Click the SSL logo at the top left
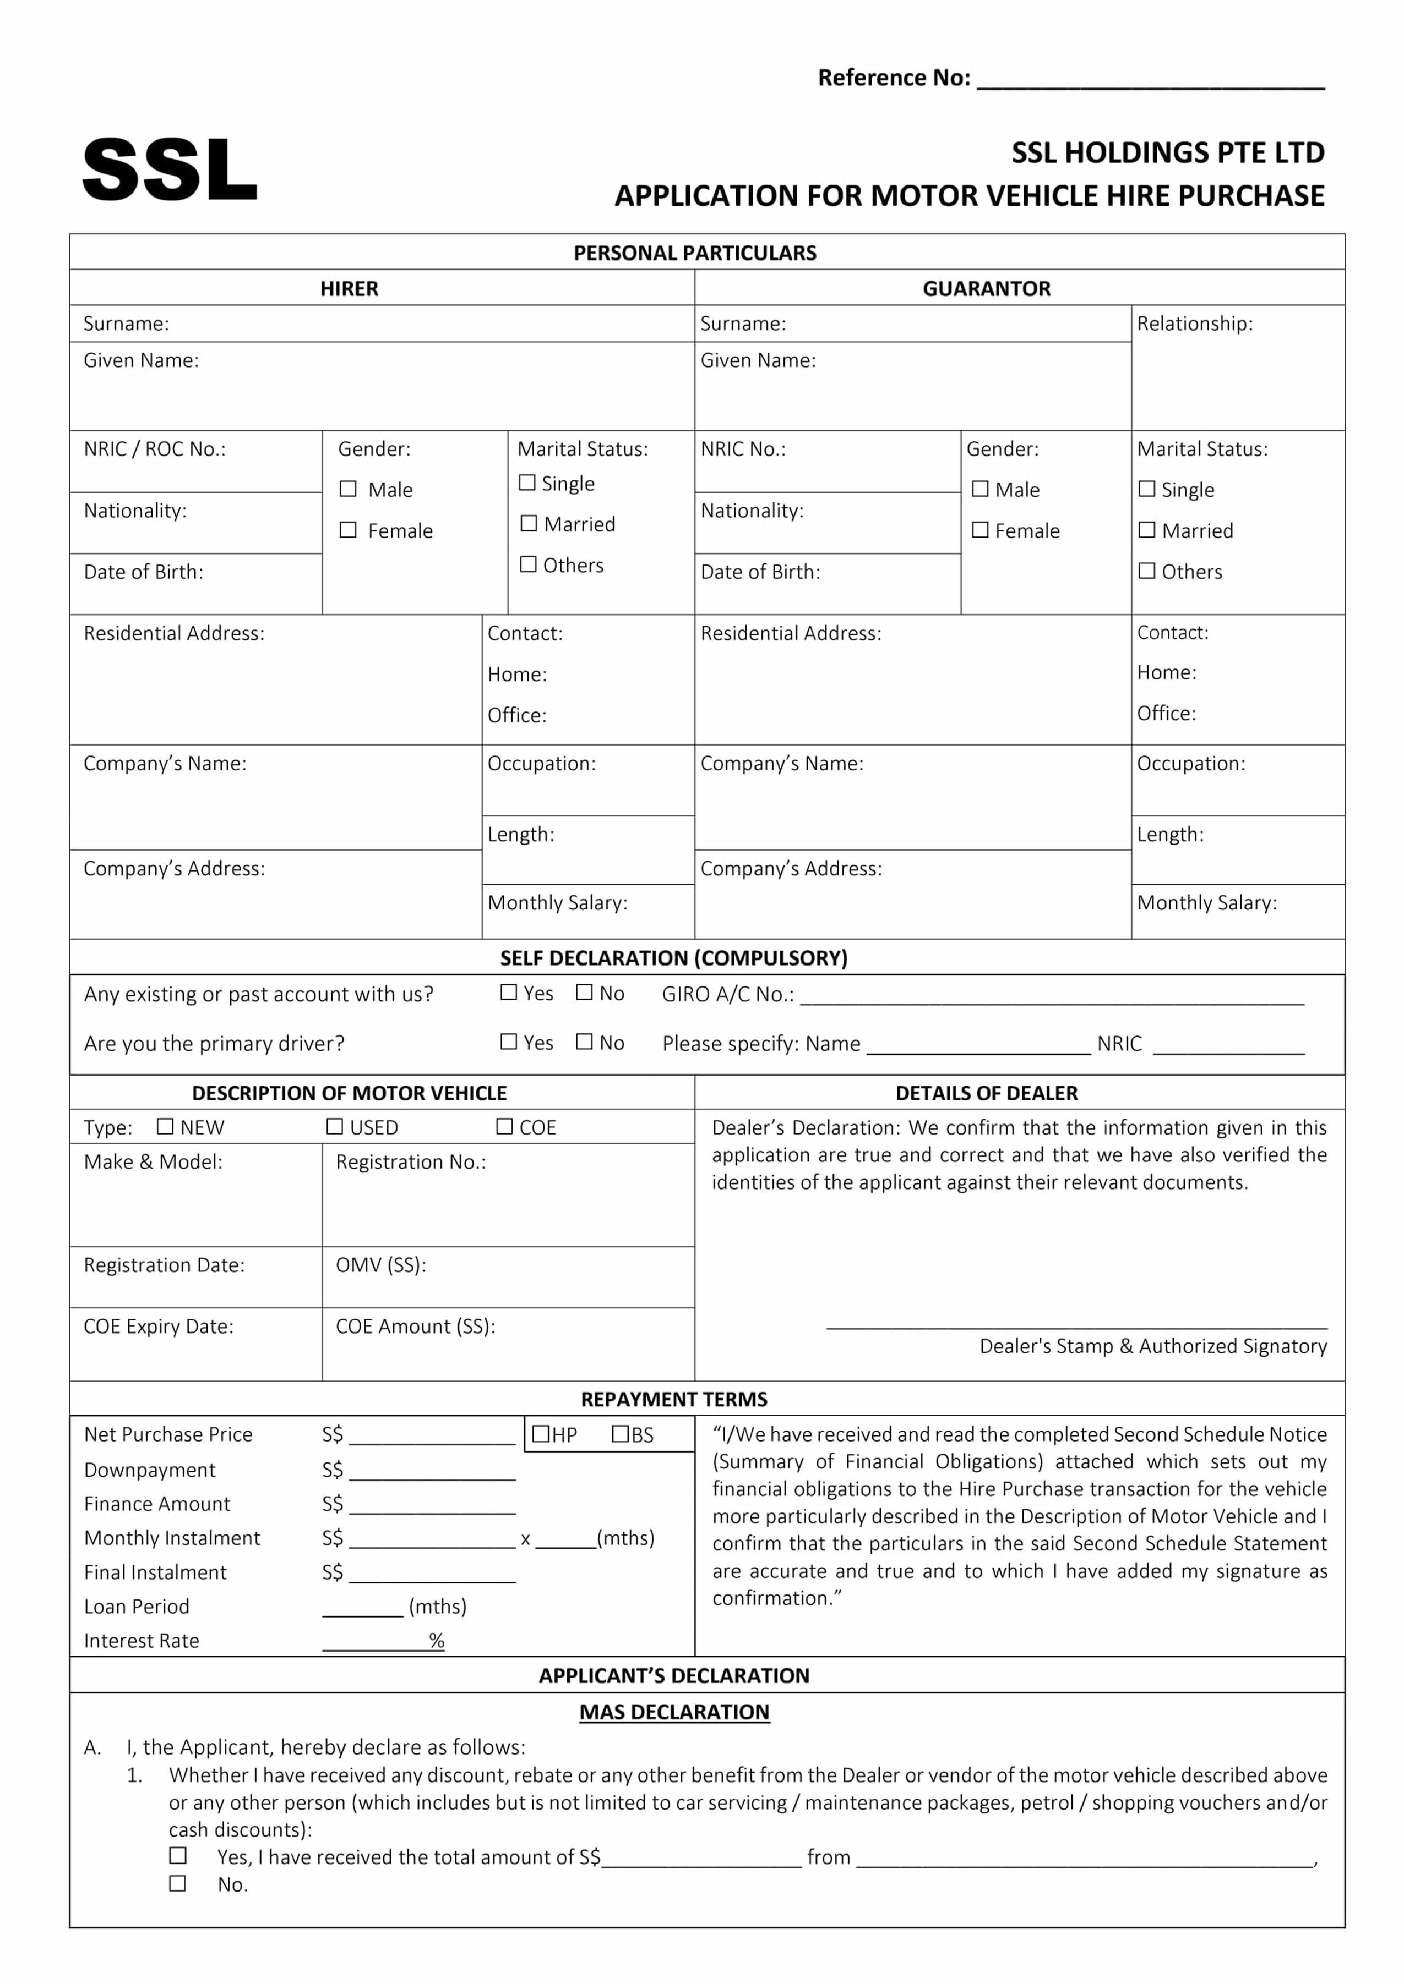pyautogui.click(x=170, y=170)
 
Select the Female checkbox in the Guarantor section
pyautogui.click(x=979, y=530)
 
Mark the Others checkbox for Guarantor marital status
pyautogui.click(x=1146, y=571)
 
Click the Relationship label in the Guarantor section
pyautogui.click(x=1194, y=324)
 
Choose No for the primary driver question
pyautogui.click(x=584, y=1042)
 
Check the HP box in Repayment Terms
pyautogui.click(x=541, y=1434)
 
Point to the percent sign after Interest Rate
pyautogui.click(x=437, y=1640)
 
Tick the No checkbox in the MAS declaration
pyautogui.click(x=177, y=1883)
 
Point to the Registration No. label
pyautogui.click(x=411, y=1162)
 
